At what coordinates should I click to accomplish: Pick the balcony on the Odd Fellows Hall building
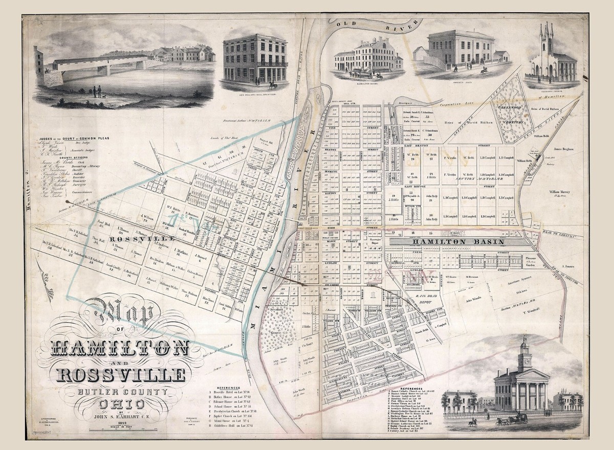268,64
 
